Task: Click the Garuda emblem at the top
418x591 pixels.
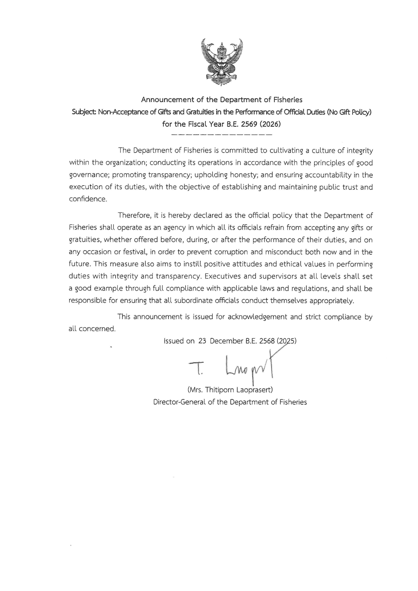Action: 222,63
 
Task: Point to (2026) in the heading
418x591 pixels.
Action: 270,124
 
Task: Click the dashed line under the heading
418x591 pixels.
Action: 222,135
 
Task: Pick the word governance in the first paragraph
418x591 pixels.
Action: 89,175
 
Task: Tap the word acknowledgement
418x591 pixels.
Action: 257,317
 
